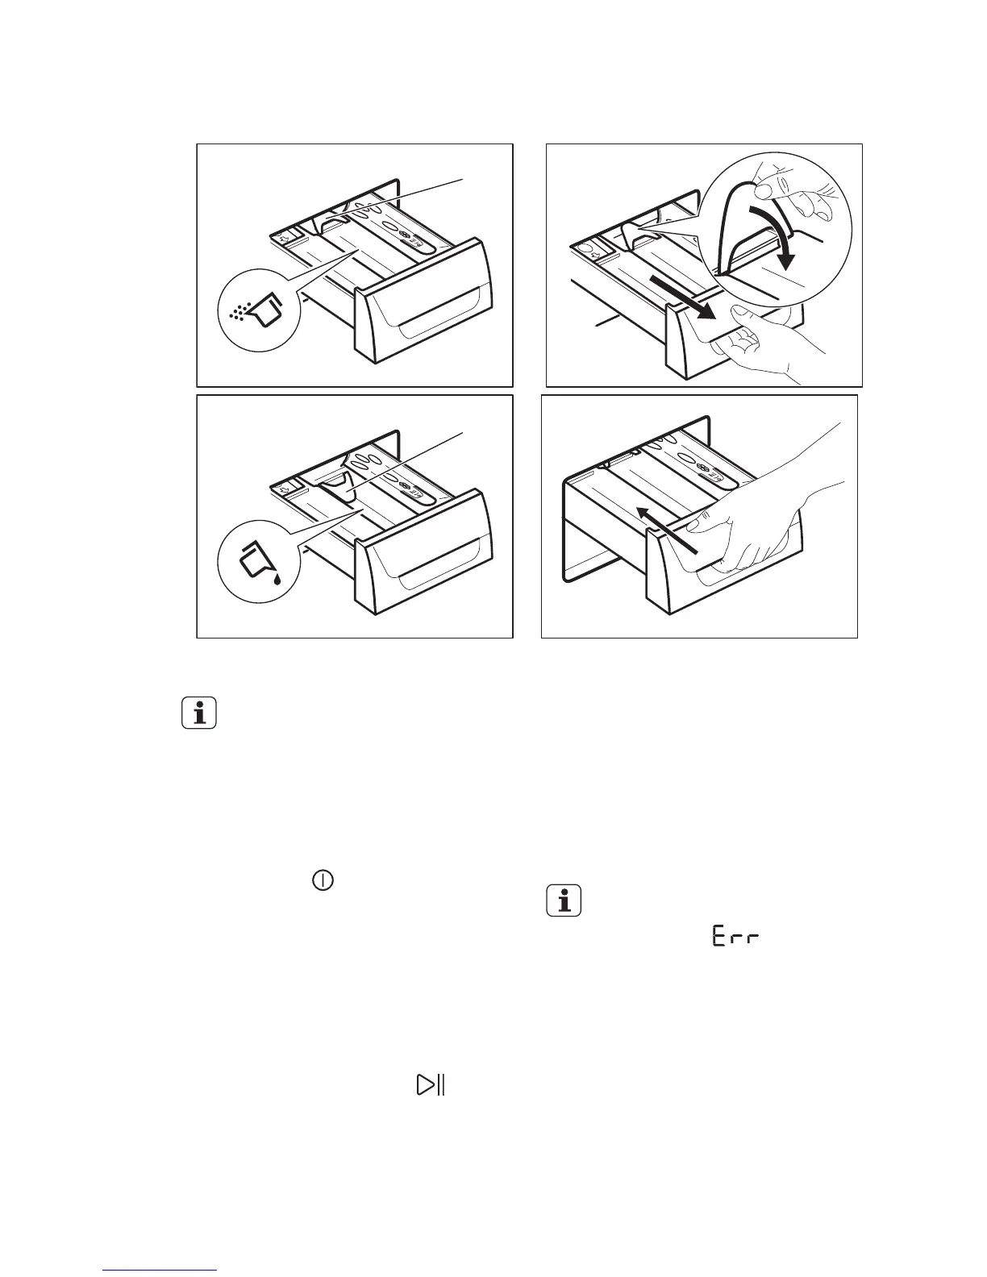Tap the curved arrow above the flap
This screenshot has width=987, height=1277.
point(776,234)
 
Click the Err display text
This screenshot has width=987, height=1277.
point(735,938)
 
